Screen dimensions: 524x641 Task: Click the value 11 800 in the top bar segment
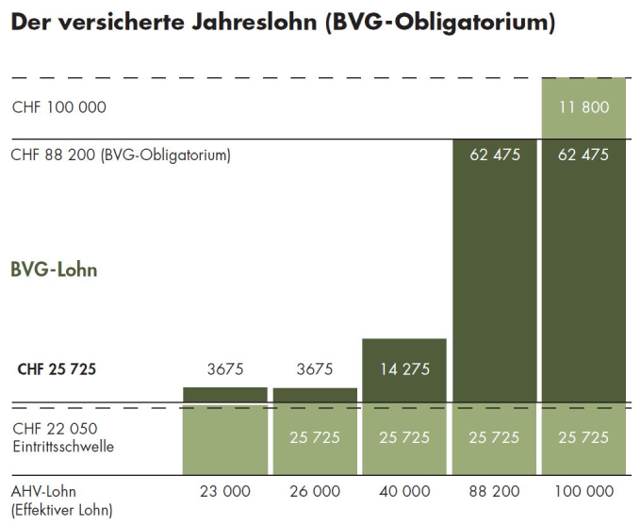[x=583, y=107]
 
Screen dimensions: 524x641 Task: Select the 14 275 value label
[x=403, y=369]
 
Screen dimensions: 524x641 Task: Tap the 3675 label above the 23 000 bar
[x=224, y=369]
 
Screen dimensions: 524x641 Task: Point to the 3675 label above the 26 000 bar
[x=314, y=369]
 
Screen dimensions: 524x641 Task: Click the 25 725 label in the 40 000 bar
[x=403, y=437]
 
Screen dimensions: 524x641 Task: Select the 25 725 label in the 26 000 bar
[x=314, y=437]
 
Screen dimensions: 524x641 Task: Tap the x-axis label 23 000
[x=224, y=492]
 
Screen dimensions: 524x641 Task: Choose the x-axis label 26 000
[x=314, y=492]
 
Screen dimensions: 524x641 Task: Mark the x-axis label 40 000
[x=403, y=492]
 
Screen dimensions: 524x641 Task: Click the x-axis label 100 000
[x=583, y=492]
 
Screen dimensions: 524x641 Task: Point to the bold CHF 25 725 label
[x=57, y=369]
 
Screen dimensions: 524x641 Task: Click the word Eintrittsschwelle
[x=63, y=447]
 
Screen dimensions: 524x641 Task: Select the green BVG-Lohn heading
[x=54, y=270]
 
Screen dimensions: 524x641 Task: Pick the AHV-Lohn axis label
[x=42, y=492]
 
